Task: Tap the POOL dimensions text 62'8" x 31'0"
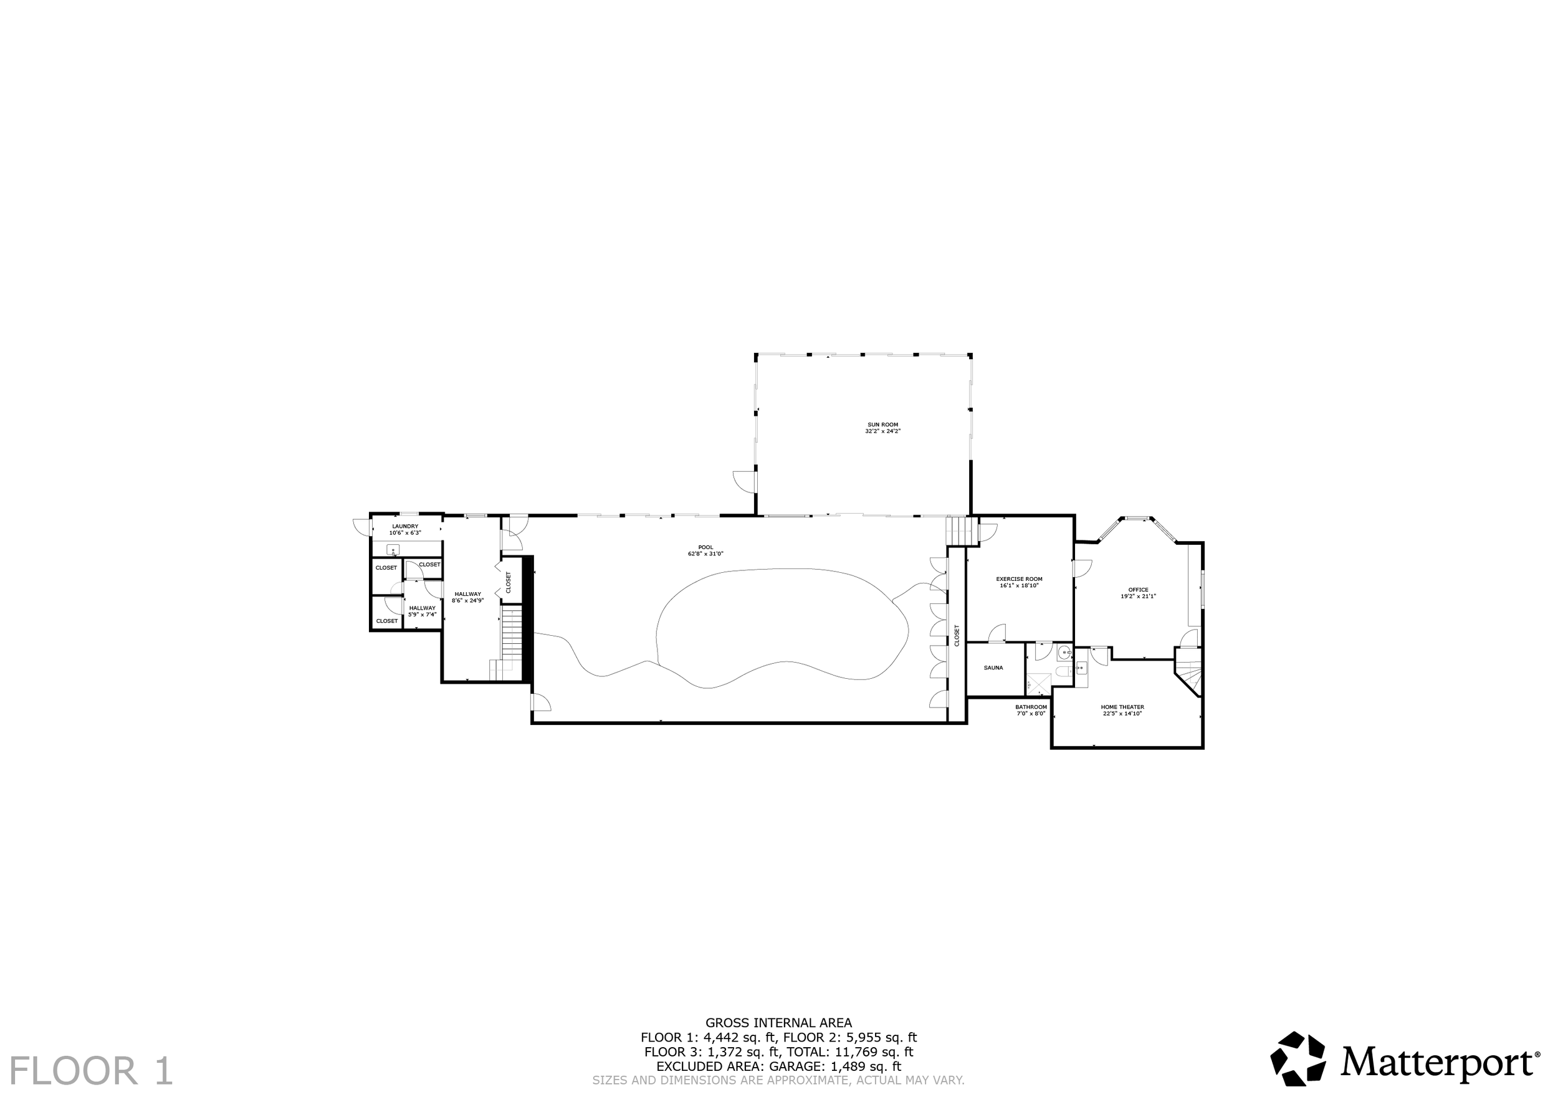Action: click(705, 553)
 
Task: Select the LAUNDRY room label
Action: click(405, 526)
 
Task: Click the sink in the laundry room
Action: click(393, 550)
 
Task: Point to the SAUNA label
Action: click(993, 668)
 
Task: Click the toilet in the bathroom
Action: click(1063, 672)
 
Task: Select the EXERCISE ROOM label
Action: click(1019, 579)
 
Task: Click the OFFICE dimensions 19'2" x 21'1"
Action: click(1138, 596)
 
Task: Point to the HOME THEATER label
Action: click(1122, 707)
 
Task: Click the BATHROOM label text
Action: click(1031, 707)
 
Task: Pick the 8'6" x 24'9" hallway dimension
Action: click(467, 600)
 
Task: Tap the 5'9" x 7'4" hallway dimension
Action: click(422, 614)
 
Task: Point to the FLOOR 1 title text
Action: click(92, 1071)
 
